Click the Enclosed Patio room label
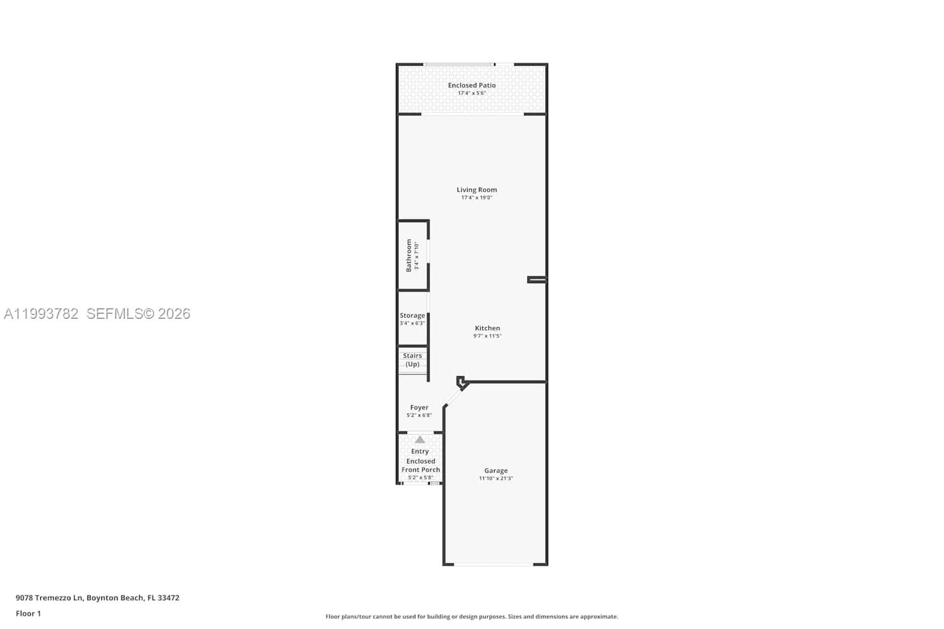(471, 86)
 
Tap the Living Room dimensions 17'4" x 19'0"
(476, 198)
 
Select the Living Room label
(476, 189)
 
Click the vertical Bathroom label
(408, 255)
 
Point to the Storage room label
(412, 316)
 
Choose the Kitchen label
(487, 328)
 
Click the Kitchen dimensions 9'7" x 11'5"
(487, 336)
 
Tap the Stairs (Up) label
(412, 360)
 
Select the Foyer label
(419, 408)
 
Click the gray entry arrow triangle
(420, 439)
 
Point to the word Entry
(420, 451)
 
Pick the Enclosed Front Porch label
(420, 465)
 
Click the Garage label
(496, 470)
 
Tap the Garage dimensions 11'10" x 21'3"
(496, 479)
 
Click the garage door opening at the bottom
(494, 564)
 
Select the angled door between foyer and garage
(453, 396)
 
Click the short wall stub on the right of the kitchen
(536, 279)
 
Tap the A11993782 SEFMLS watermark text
(97, 314)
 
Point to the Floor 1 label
(28, 613)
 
